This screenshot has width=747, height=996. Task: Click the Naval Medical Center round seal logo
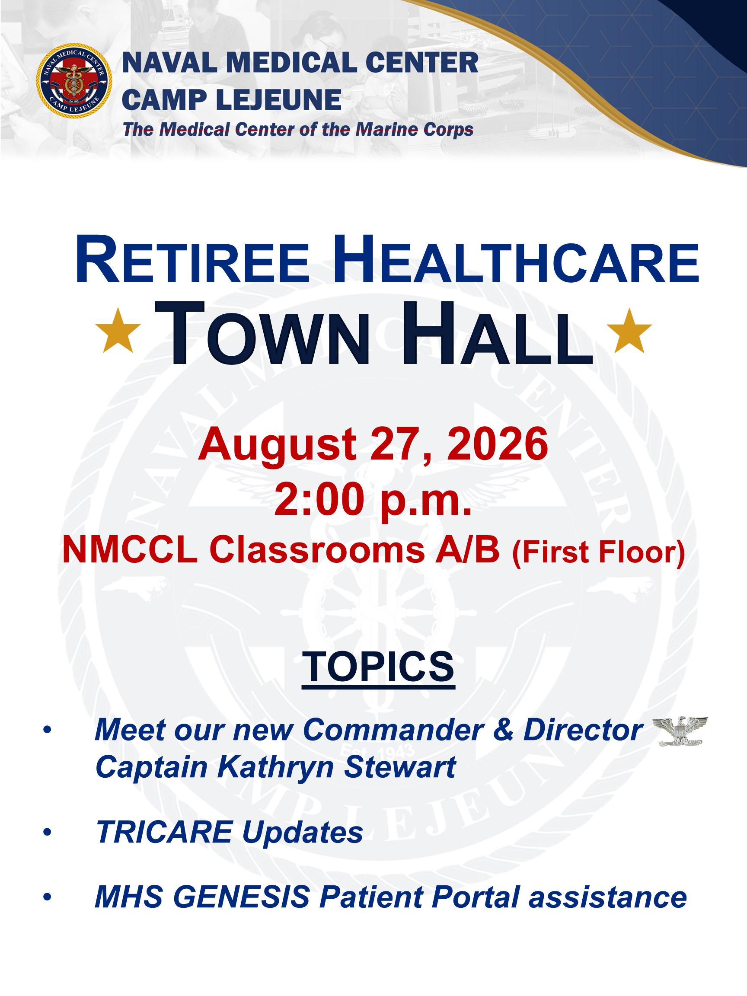pyautogui.click(x=74, y=81)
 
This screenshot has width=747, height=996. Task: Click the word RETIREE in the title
pyautogui.click(x=193, y=260)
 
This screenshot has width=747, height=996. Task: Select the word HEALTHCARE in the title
pyautogui.click(x=516, y=260)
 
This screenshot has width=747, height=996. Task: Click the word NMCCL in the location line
pyautogui.click(x=130, y=550)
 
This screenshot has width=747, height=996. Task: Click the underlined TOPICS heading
pyautogui.click(x=378, y=667)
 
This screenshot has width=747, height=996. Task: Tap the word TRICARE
pyautogui.click(x=165, y=832)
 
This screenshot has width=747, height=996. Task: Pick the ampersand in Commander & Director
pyautogui.click(x=503, y=730)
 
